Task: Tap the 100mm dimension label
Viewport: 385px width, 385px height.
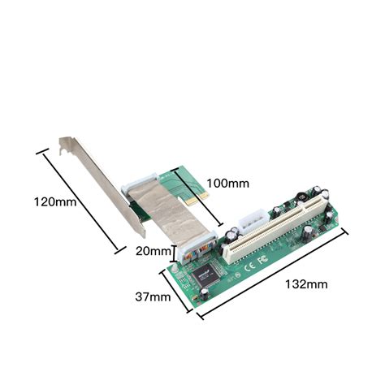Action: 227,183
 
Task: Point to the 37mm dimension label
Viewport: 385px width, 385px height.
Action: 152,296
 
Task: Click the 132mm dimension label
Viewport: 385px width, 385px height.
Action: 306,284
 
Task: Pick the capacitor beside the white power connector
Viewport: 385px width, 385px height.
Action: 232,236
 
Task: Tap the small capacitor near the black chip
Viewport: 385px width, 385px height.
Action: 208,284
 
